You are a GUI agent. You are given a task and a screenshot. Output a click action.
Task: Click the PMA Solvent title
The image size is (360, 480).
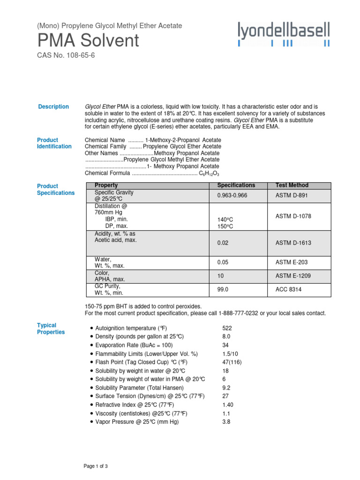pyautogui.click(x=88, y=41)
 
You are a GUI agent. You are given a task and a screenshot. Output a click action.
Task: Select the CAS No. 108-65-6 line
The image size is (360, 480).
pyautogui.click(x=68, y=56)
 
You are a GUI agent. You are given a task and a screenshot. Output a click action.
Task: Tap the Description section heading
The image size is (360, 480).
pyautogui.click(x=53, y=107)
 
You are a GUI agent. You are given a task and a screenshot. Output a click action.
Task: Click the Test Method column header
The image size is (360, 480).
pyautogui.click(x=292, y=185)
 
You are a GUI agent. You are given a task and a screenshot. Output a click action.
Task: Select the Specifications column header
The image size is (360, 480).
pyautogui.click(x=236, y=185)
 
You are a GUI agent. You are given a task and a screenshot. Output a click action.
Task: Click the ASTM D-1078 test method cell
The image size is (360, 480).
pyautogui.click(x=293, y=216)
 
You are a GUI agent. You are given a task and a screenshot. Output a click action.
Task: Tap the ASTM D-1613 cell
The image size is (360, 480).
pyautogui.click(x=293, y=243)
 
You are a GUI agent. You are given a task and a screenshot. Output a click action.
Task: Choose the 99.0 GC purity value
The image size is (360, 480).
pyautogui.click(x=223, y=290)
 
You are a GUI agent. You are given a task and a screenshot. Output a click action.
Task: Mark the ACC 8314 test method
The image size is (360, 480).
pyautogui.click(x=288, y=290)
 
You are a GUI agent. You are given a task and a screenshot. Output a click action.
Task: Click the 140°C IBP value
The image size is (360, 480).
pyautogui.click(x=225, y=219)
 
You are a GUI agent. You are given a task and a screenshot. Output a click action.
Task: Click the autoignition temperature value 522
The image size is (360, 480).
pyautogui.click(x=227, y=328)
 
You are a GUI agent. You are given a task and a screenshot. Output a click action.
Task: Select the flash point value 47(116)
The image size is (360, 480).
pyautogui.click(x=232, y=362)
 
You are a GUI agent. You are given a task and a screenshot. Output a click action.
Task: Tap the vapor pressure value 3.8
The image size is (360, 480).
pyautogui.click(x=226, y=421)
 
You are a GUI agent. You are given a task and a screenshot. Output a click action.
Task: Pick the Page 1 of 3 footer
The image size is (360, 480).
pyautogui.click(x=96, y=466)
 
